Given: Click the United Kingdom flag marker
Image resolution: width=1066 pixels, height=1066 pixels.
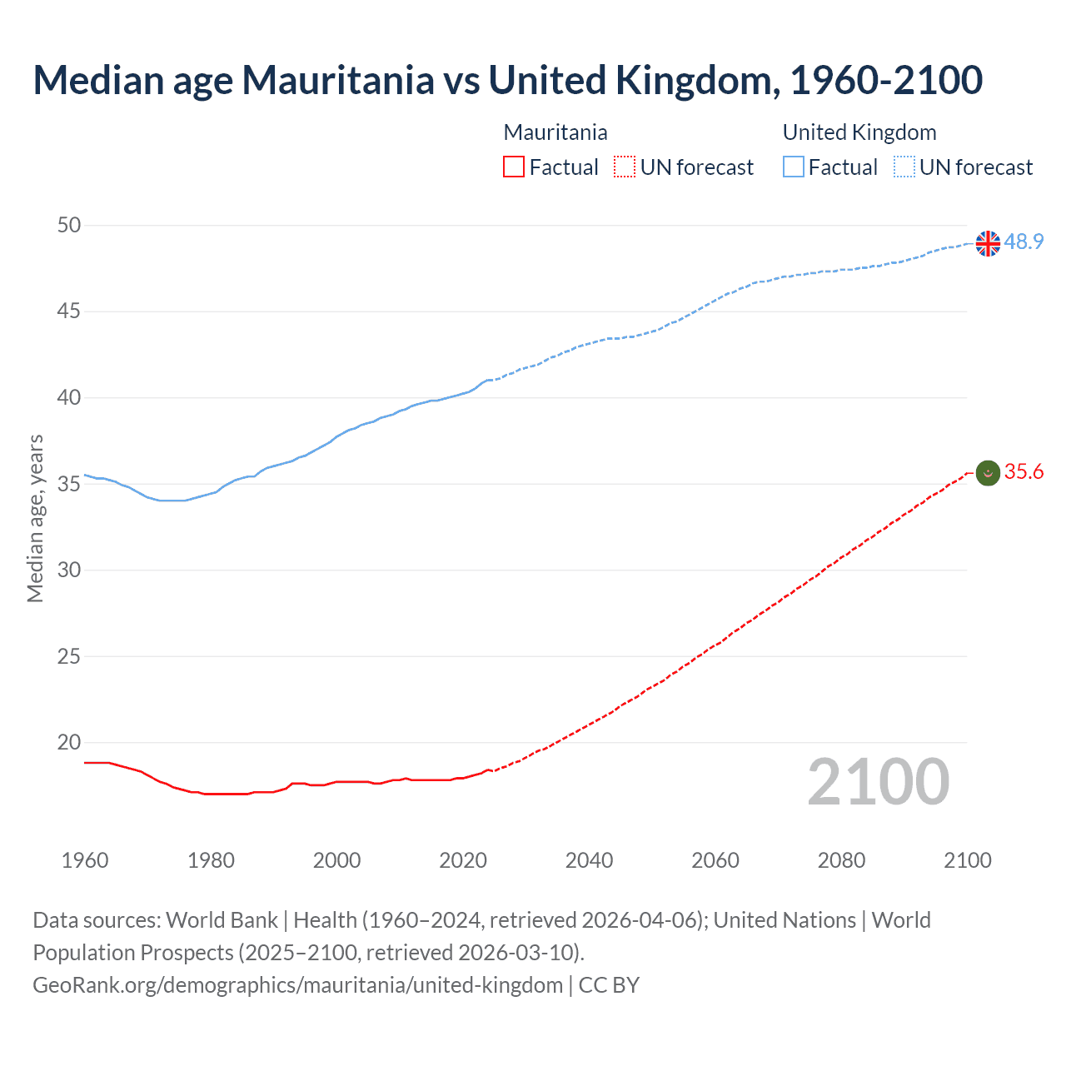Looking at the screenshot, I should (988, 243).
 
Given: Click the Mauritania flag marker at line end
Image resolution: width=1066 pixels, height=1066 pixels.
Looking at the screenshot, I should (988, 473).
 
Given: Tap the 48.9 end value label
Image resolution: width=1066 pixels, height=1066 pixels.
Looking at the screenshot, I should (1024, 242).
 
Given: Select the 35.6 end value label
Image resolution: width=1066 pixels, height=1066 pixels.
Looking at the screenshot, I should (1024, 472).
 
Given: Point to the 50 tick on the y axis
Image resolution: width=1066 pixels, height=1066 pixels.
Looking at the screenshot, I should (70, 225).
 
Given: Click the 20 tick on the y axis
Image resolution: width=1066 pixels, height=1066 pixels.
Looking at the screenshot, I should (70, 742).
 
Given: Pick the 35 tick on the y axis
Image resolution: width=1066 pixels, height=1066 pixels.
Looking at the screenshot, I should (70, 484).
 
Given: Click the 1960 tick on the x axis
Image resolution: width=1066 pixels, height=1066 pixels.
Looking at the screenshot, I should (85, 860).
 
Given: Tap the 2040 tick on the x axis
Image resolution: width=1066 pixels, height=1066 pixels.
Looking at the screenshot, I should (589, 860).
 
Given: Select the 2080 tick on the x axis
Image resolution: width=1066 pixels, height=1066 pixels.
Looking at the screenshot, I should (841, 860).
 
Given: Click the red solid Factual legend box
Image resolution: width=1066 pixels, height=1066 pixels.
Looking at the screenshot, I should (514, 167).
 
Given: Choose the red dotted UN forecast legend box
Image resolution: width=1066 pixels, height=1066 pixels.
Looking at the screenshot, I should (625, 167).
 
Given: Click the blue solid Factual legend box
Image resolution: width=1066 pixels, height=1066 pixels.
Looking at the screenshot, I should (793, 167).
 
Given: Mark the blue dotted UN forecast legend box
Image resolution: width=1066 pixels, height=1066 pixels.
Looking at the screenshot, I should (904, 167).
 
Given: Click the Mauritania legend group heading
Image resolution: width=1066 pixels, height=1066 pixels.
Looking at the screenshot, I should (555, 132).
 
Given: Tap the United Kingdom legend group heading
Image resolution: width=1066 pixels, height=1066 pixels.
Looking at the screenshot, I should (859, 132).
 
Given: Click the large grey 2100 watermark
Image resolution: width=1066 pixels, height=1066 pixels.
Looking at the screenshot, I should (878, 782).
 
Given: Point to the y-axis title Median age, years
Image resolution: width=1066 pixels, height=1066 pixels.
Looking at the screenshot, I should (35, 518).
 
